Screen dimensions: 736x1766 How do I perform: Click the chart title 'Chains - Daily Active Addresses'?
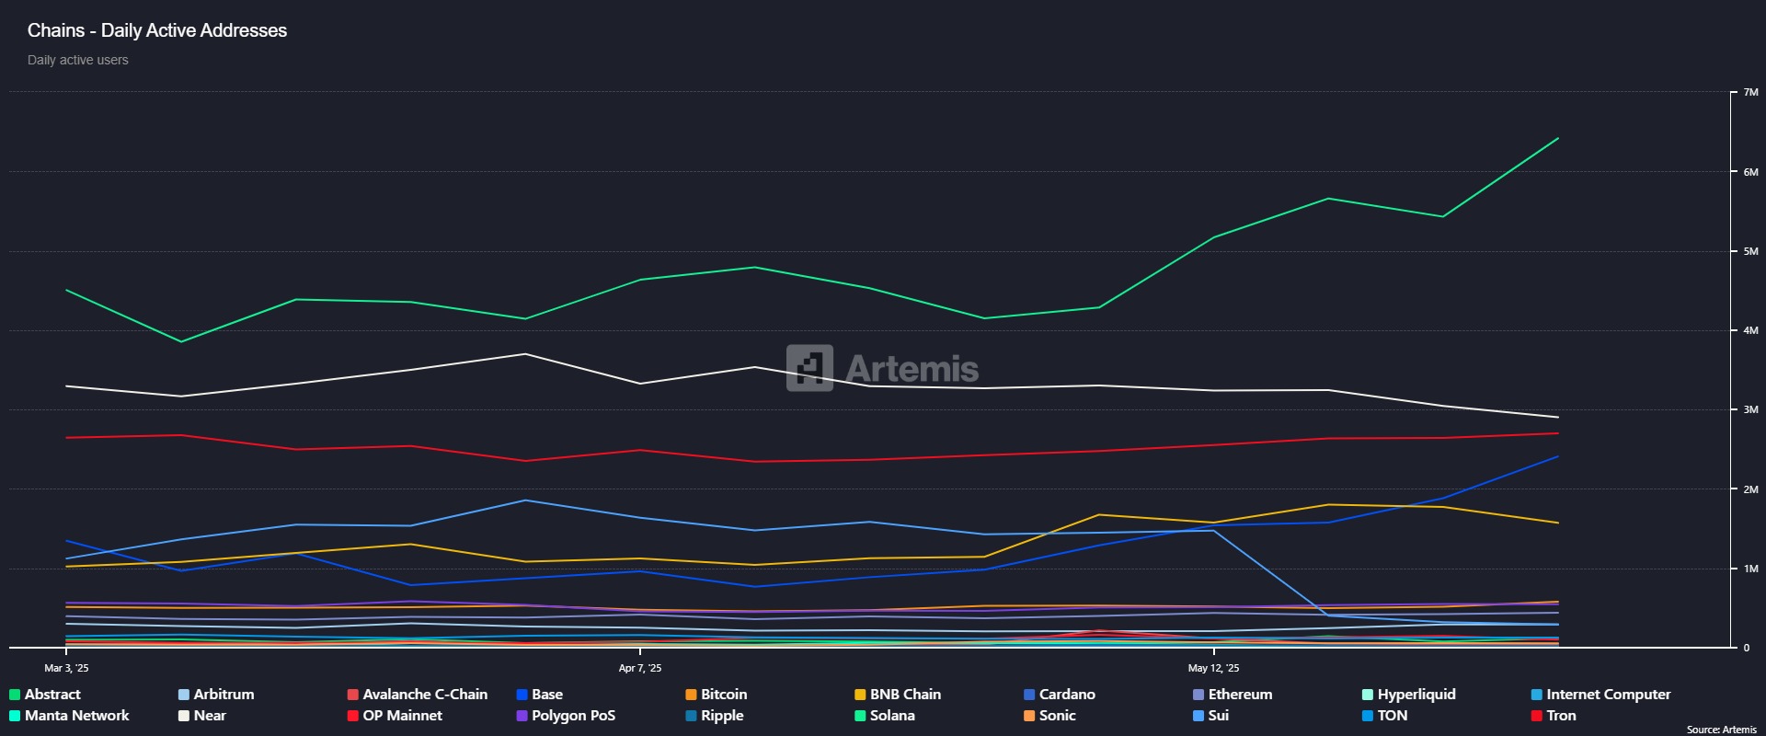pyautogui.click(x=157, y=30)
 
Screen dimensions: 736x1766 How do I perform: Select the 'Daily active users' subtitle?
pyautogui.click(x=78, y=60)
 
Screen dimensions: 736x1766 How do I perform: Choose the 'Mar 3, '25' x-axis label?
pyautogui.click(x=66, y=668)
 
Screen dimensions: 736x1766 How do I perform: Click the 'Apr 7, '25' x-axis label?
pyautogui.click(x=640, y=668)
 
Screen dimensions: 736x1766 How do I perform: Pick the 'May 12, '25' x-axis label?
pyautogui.click(x=1213, y=668)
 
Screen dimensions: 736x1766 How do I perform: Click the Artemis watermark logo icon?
pyautogui.click(x=809, y=368)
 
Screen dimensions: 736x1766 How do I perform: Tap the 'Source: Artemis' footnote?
pyautogui.click(x=1721, y=730)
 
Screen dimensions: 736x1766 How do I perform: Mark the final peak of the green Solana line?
pyautogui.click(x=1557, y=139)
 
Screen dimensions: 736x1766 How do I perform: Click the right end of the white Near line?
pyautogui.click(x=1557, y=417)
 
